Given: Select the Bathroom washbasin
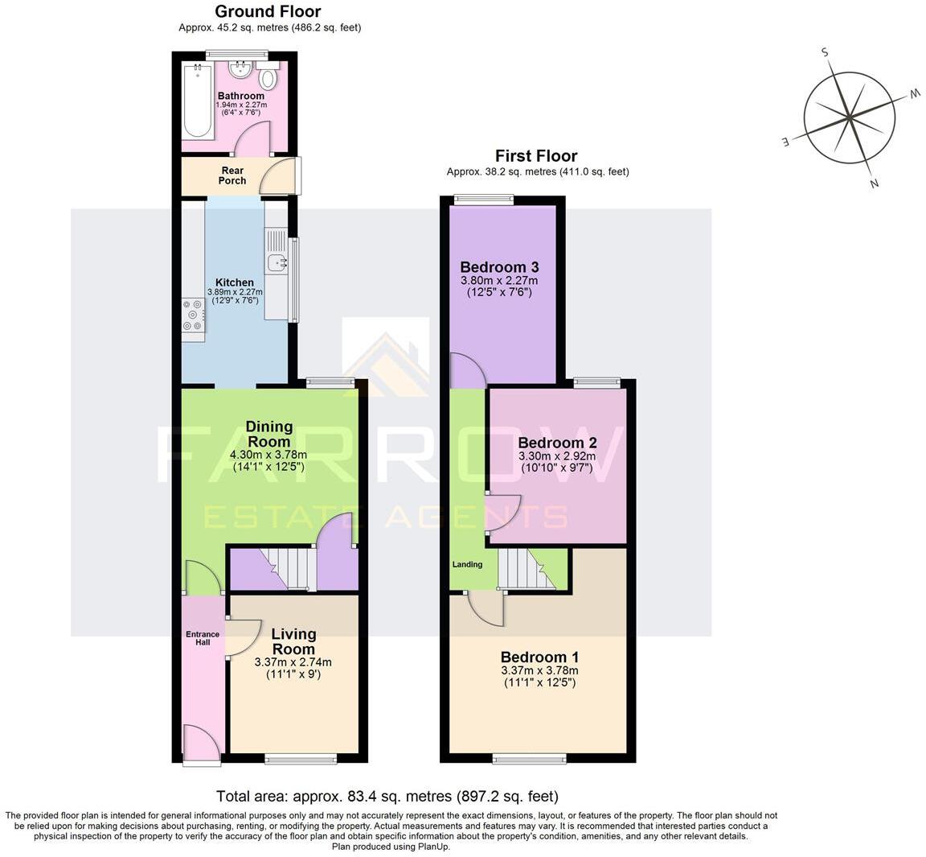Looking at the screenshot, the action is point(240,70).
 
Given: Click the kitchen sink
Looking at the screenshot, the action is point(277,262).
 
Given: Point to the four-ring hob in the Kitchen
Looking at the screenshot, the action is point(193,315).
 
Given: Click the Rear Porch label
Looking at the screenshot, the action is point(232,175).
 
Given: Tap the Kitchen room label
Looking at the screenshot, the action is point(235,282).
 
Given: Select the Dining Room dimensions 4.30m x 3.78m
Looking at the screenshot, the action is point(268,455).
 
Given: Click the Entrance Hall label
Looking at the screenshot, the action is point(203,638).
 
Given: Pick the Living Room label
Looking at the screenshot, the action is point(293,641).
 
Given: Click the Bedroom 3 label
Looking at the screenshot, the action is point(500,267).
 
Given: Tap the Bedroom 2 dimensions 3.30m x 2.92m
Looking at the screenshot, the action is point(557,456).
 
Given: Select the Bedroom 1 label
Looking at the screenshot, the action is point(540,657).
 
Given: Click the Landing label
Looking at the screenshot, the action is point(467,564).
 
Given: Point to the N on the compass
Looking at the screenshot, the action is point(875,183).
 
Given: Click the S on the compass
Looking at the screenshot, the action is point(825,52).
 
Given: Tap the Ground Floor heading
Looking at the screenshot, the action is point(268,11).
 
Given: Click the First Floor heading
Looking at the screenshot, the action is point(536,156).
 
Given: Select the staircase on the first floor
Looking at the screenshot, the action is point(527,569).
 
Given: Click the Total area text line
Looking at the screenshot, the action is point(387,796).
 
